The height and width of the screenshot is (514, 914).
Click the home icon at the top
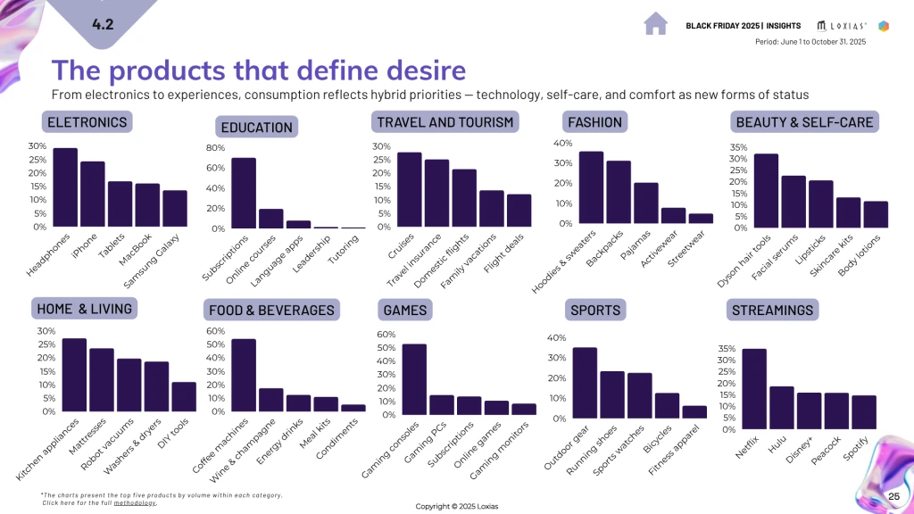point(656,23)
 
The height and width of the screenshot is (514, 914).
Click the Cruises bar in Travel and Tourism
point(409,190)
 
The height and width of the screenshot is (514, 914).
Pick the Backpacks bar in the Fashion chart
point(619,192)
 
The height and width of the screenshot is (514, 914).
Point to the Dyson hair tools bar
point(766,191)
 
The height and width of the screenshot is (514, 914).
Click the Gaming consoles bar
point(414,379)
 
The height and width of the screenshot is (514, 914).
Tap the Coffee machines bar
point(244,376)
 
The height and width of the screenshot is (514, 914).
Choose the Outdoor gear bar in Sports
point(585,383)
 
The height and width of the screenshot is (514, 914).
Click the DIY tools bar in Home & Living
point(183,397)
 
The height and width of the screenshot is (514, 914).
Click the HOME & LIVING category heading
point(84,309)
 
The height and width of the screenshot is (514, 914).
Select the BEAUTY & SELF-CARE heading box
point(804,121)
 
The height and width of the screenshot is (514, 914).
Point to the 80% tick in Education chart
point(215,147)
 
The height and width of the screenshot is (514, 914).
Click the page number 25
point(893,496)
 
